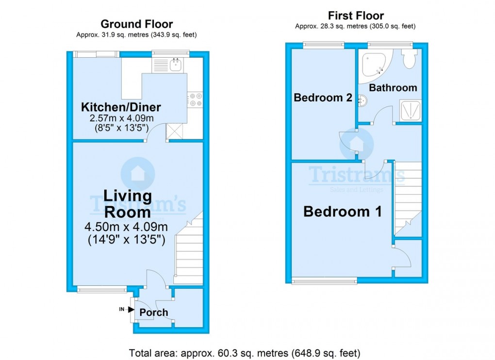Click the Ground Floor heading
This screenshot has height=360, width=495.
pyautogui.click(x=136, y=24)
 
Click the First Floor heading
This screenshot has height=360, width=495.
pyautogui.click(x=356, y=16)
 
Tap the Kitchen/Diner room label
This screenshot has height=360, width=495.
pyautogui.click(x=121, y=107)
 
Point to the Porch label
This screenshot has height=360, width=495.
pyautogui.click(x=154, y=312)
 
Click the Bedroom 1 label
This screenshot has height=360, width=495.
pyautogui.click(x=342, y=212)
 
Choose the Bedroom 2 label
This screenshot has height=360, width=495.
pyautogui.click(x=323, y=98)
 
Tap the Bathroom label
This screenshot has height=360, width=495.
pyautogui.click(x=393, y=88)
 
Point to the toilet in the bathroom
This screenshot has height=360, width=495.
pyautogui.click(x=409, y=60)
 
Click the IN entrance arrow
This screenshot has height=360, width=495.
pyautogui.click(x=127, y=309)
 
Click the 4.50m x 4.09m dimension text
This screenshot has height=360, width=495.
pyautogui.click(x=126, y=227)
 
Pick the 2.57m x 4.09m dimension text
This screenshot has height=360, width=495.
pyautogui.click(x=121, y=118)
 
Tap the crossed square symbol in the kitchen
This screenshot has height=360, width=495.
pyautogui.click(x=173, y=131)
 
